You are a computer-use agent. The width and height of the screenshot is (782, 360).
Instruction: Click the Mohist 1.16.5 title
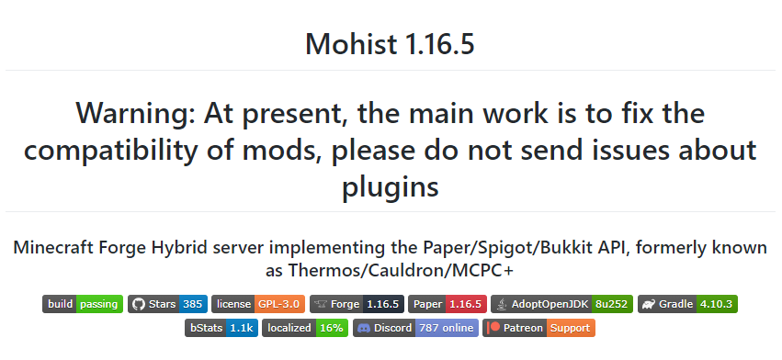391,43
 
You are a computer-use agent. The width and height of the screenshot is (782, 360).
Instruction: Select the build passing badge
83,304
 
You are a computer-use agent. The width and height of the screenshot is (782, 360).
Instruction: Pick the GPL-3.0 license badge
256,304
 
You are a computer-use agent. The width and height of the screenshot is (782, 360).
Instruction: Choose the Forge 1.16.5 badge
357,304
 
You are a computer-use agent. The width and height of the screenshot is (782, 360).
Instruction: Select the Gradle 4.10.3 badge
688,304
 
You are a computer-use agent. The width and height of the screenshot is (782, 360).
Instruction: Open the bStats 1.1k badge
221,328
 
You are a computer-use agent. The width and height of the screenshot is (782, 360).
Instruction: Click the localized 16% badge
305,328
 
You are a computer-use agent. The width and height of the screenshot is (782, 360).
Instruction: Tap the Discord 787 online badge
415,328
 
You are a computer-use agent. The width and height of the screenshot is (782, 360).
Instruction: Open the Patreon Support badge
539,328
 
